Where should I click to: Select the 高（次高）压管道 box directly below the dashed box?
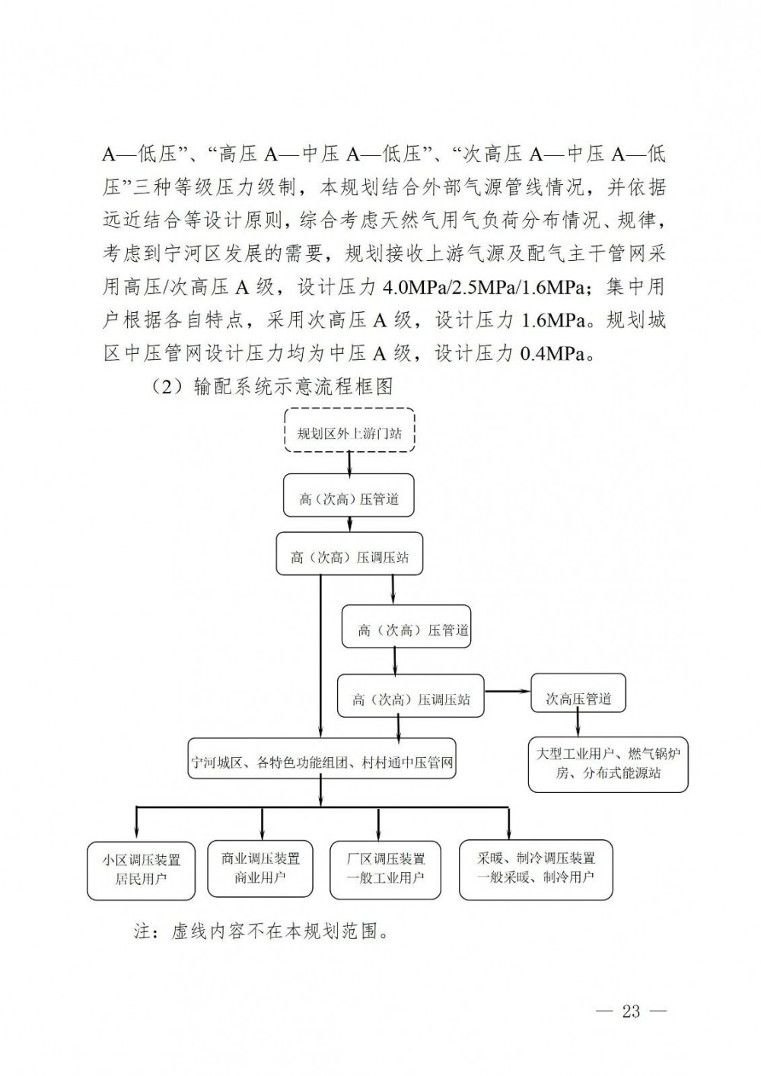tap(349, 500)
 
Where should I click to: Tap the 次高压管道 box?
tap(578, 699)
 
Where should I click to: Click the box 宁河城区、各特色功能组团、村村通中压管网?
tap(323, 762)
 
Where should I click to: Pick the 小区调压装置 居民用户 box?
tap(136, 869)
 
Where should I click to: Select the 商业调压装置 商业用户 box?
tap(261, 868)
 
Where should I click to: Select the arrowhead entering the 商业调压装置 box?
tap(262, 834)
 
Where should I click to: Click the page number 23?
tap(632, 1011)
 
